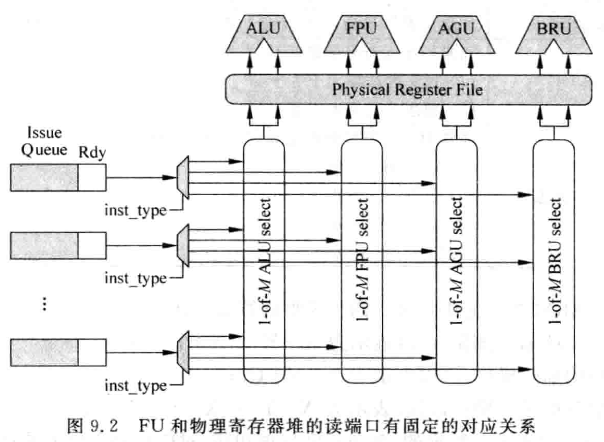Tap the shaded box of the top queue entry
[44, 177]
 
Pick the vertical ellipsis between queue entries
[45, 305]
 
